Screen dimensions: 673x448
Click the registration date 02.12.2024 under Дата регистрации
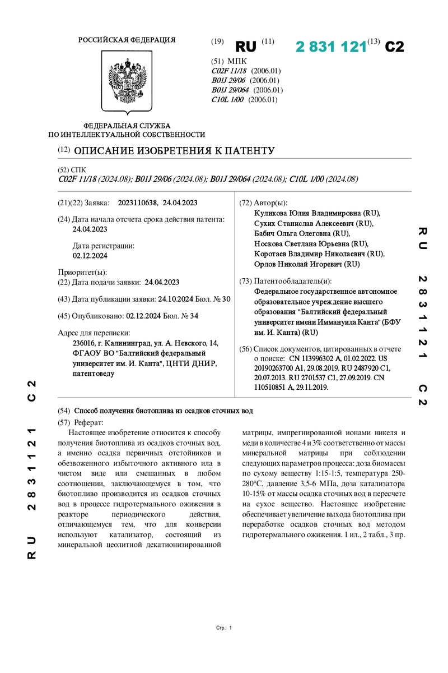tap(90, 255)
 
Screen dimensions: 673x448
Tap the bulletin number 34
tap(194, 316)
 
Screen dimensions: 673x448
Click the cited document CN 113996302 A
tap(321, 357)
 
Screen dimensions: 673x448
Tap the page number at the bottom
tap(230, 629)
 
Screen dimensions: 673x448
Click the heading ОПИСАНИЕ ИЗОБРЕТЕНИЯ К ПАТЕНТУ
tap(174, 151)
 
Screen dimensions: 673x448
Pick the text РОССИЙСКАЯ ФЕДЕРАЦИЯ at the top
tap(127, 40)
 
